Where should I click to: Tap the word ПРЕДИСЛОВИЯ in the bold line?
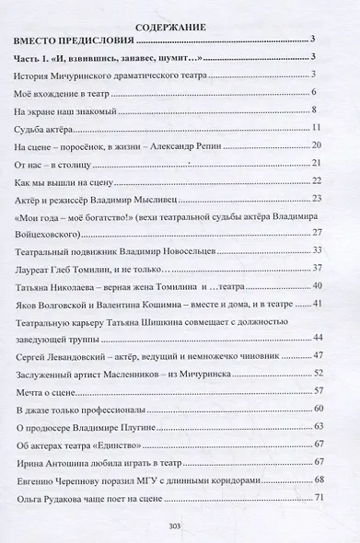click(102, 41)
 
